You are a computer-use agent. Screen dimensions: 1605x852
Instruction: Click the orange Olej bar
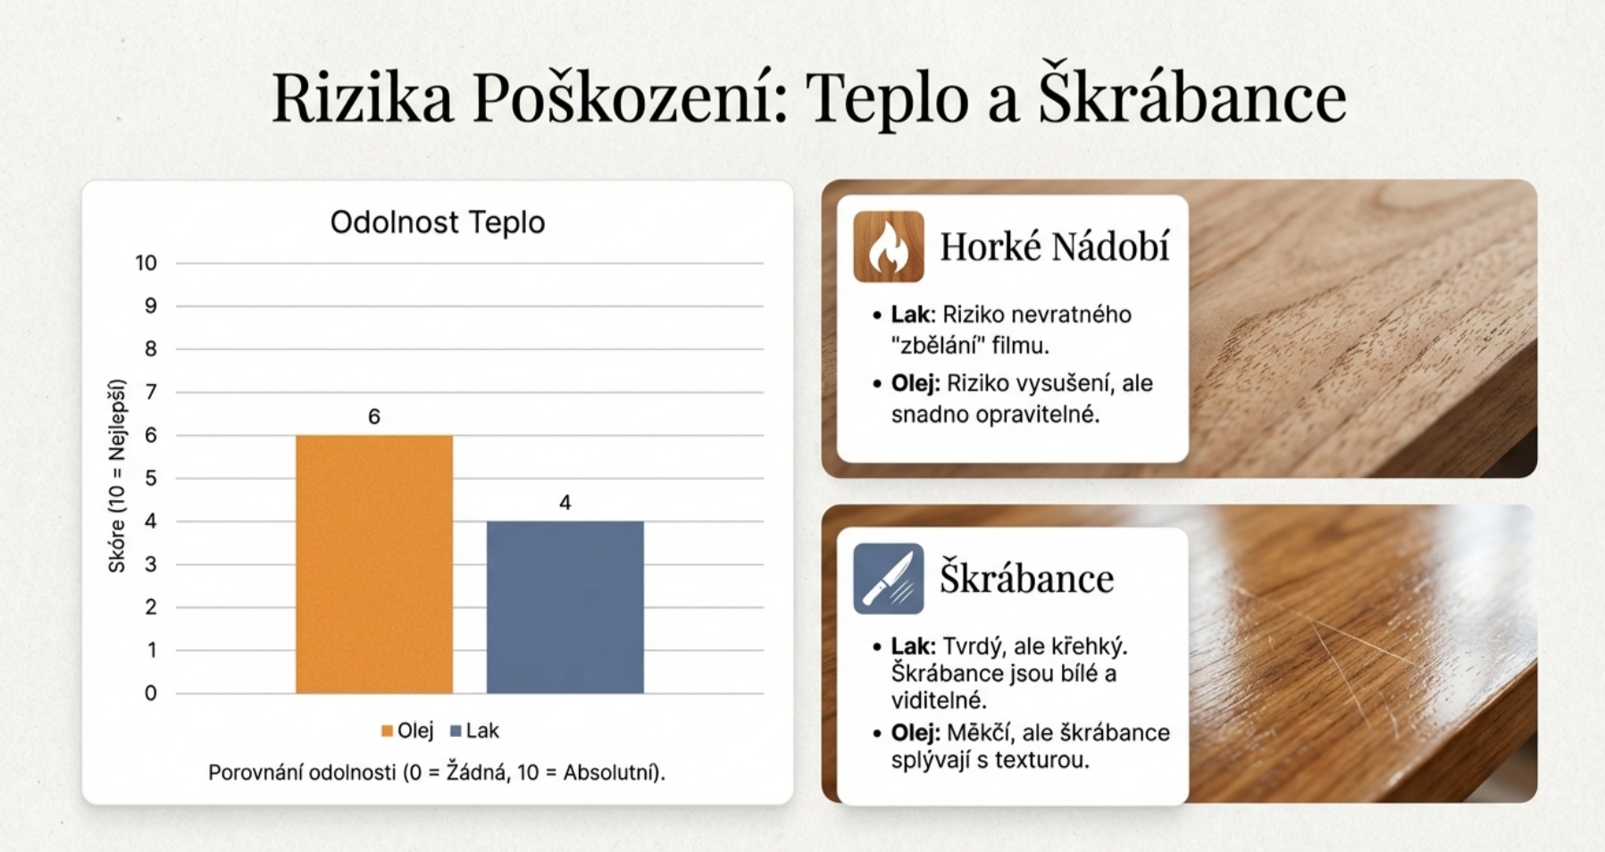click(374, 564)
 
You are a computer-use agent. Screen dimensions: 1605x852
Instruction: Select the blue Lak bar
click(564, 607)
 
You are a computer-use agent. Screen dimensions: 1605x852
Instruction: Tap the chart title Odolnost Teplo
click(438, 222)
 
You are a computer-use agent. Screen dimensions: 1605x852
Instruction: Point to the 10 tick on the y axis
click(146, 263)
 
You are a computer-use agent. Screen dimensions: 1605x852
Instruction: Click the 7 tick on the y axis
click(151, 392)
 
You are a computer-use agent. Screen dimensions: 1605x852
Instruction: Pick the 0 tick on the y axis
click(151, 693)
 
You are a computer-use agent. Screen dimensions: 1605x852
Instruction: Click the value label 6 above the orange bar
click(374, 416)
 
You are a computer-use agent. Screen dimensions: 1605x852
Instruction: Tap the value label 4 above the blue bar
click(564, 503)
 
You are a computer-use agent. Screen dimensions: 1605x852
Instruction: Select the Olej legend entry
click(407, 731)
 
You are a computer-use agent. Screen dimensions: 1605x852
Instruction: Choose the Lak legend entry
click(474, 731)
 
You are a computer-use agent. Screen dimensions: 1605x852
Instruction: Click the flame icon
click(889, 246)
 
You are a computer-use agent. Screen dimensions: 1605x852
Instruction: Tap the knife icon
click(889, 579)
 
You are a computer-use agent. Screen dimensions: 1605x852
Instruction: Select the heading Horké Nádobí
click(1054, 246)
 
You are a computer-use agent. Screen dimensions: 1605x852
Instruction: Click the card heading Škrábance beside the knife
click(1027, 578)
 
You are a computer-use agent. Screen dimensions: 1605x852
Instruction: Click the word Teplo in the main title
click(887, 100)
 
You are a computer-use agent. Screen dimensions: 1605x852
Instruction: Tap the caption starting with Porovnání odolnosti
click(437, 773)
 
